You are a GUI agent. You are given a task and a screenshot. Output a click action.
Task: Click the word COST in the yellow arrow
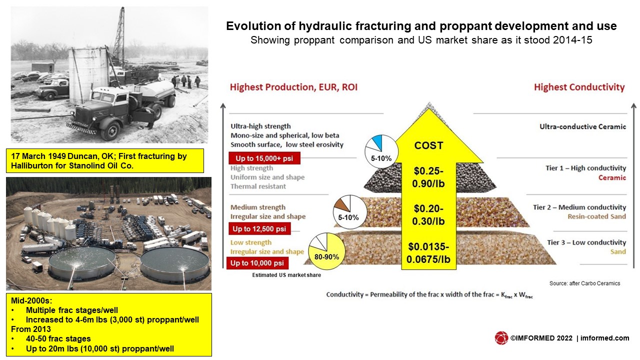(428, 145)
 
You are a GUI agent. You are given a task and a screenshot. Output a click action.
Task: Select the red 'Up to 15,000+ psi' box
(264, 158)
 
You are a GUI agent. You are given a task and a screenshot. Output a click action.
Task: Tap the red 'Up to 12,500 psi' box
(259, 229)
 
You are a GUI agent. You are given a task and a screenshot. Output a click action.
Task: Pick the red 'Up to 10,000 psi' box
(257, 263)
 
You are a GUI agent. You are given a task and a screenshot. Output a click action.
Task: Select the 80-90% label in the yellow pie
(326, 257)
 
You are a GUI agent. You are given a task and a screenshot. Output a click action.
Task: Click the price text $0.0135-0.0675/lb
(428, 253)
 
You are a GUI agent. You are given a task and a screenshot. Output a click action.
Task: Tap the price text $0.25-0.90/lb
(428, 177)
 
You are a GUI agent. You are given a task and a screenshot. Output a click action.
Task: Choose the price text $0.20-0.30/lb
(428, 215)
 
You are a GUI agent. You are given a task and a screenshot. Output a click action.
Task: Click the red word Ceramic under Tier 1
(612, 177)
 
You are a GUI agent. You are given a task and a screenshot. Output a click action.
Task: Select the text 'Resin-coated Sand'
(596, 216)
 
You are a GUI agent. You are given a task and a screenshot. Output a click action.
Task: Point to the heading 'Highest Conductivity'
(579, 87)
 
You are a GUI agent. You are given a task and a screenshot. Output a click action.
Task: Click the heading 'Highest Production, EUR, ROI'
(293, 87)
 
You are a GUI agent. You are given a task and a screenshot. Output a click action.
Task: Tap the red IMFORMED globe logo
(501, 338)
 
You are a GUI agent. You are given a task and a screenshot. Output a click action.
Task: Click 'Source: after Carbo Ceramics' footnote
(584, 283)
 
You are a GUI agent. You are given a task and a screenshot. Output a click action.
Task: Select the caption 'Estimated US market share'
(286, 275)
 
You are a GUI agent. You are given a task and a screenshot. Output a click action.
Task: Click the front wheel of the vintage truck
(109, 130)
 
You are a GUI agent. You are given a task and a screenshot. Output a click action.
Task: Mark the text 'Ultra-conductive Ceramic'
(582, 126)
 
